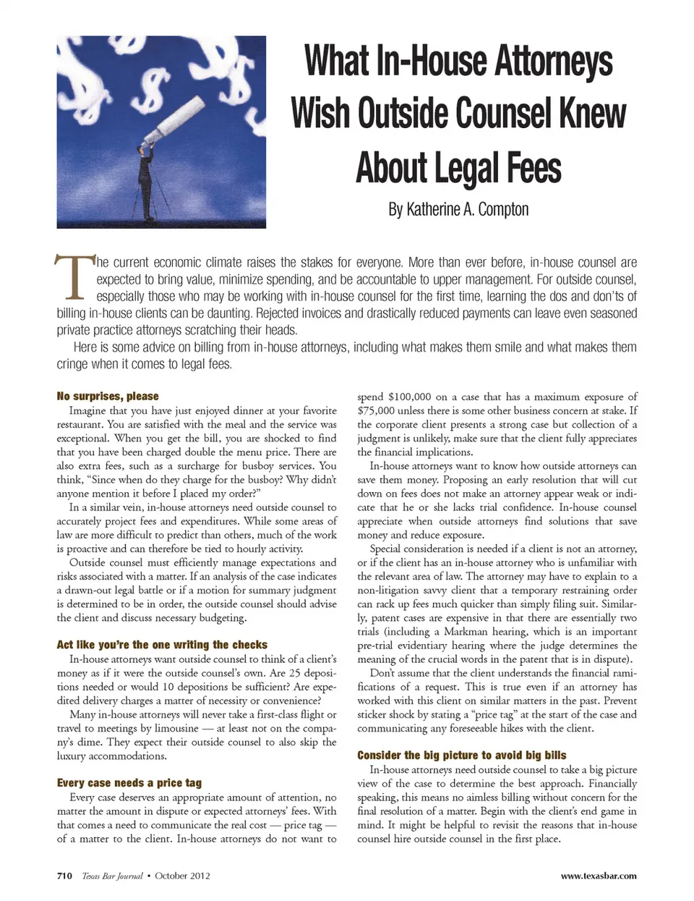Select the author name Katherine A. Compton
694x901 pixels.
(x=458, y=210)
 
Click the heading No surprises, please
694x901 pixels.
(x=108, y=396)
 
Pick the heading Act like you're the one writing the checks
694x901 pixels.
(x=162, y=644)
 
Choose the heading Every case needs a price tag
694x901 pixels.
(x=129, y=782)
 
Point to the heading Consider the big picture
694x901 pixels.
(x=461, y=755)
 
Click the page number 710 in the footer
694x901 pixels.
(x=64, y=876)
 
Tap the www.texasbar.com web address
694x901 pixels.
(x=599, y=876)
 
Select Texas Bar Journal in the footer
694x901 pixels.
(x=112, y=876)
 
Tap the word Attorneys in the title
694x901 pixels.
(x=544, y=61)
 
